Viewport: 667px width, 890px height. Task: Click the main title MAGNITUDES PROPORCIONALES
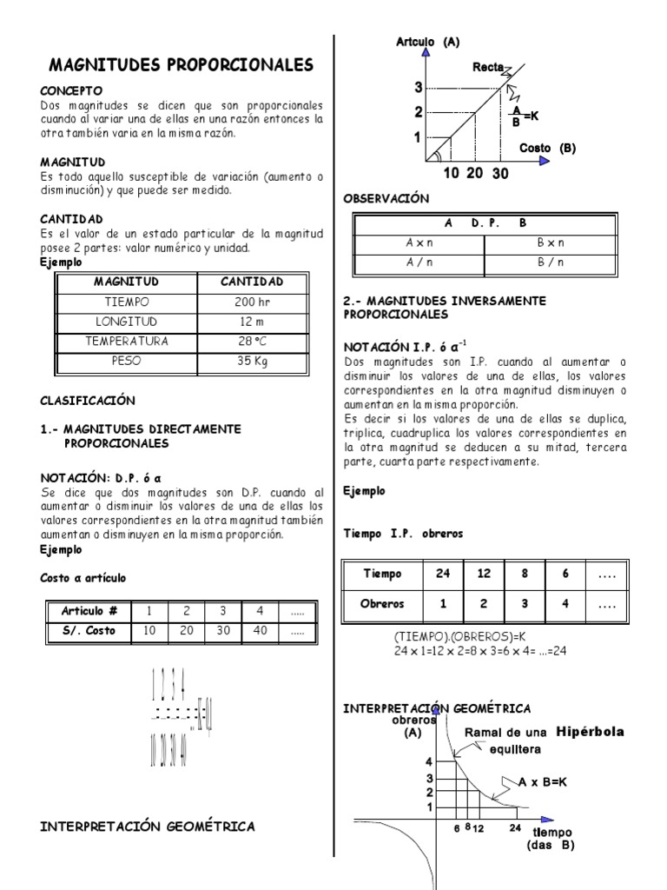click(x=181, y=65)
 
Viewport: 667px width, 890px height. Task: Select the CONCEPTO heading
click(x=72, y=90)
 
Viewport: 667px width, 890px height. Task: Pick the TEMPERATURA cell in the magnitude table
click(x=126, y=341)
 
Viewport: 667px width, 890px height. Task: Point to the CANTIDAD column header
click(x=251, y=282)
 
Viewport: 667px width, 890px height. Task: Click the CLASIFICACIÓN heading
click(x=89, y=401)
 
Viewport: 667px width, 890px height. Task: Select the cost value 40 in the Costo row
click(x=260, y=631)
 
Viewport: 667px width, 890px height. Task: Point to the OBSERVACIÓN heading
click(x=386, y=198)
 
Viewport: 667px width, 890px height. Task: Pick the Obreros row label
click(x=383, y=603)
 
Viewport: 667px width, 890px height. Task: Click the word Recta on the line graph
click(x=488, y=67)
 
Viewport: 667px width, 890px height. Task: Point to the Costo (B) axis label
click(x=547, y=148)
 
